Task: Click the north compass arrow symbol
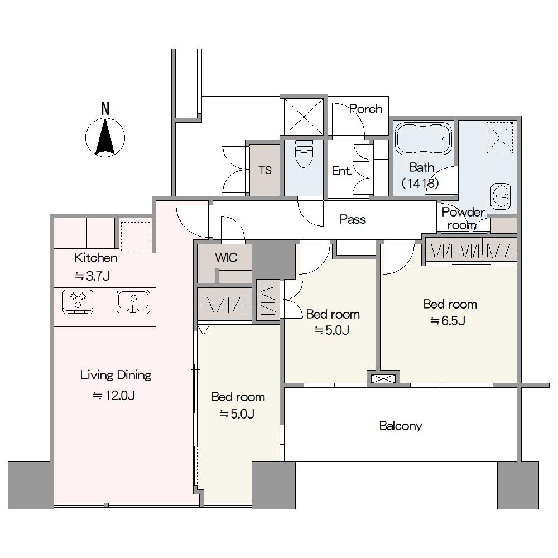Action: click(105, 137)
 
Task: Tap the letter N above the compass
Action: click(105, 109)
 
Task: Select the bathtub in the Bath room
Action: click(424, 139)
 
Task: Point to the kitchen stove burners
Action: click(78, 301)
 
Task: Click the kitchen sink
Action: click(133, 302)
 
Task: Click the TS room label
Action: click(265, 170)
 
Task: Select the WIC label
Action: click(226, 257)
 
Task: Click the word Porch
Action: click(366, 109)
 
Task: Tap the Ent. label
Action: click(342, 171)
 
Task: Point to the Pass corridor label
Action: click(353, 219)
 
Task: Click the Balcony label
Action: click(401, 426)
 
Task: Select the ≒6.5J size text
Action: click(448, 321)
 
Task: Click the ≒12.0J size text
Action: click(114, 396)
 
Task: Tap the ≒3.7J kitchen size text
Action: click(92, 276)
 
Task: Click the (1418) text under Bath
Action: click(420, 183)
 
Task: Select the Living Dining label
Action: click(116, 376)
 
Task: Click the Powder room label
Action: click(463, 219)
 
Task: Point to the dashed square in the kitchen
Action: click(136, 236)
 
